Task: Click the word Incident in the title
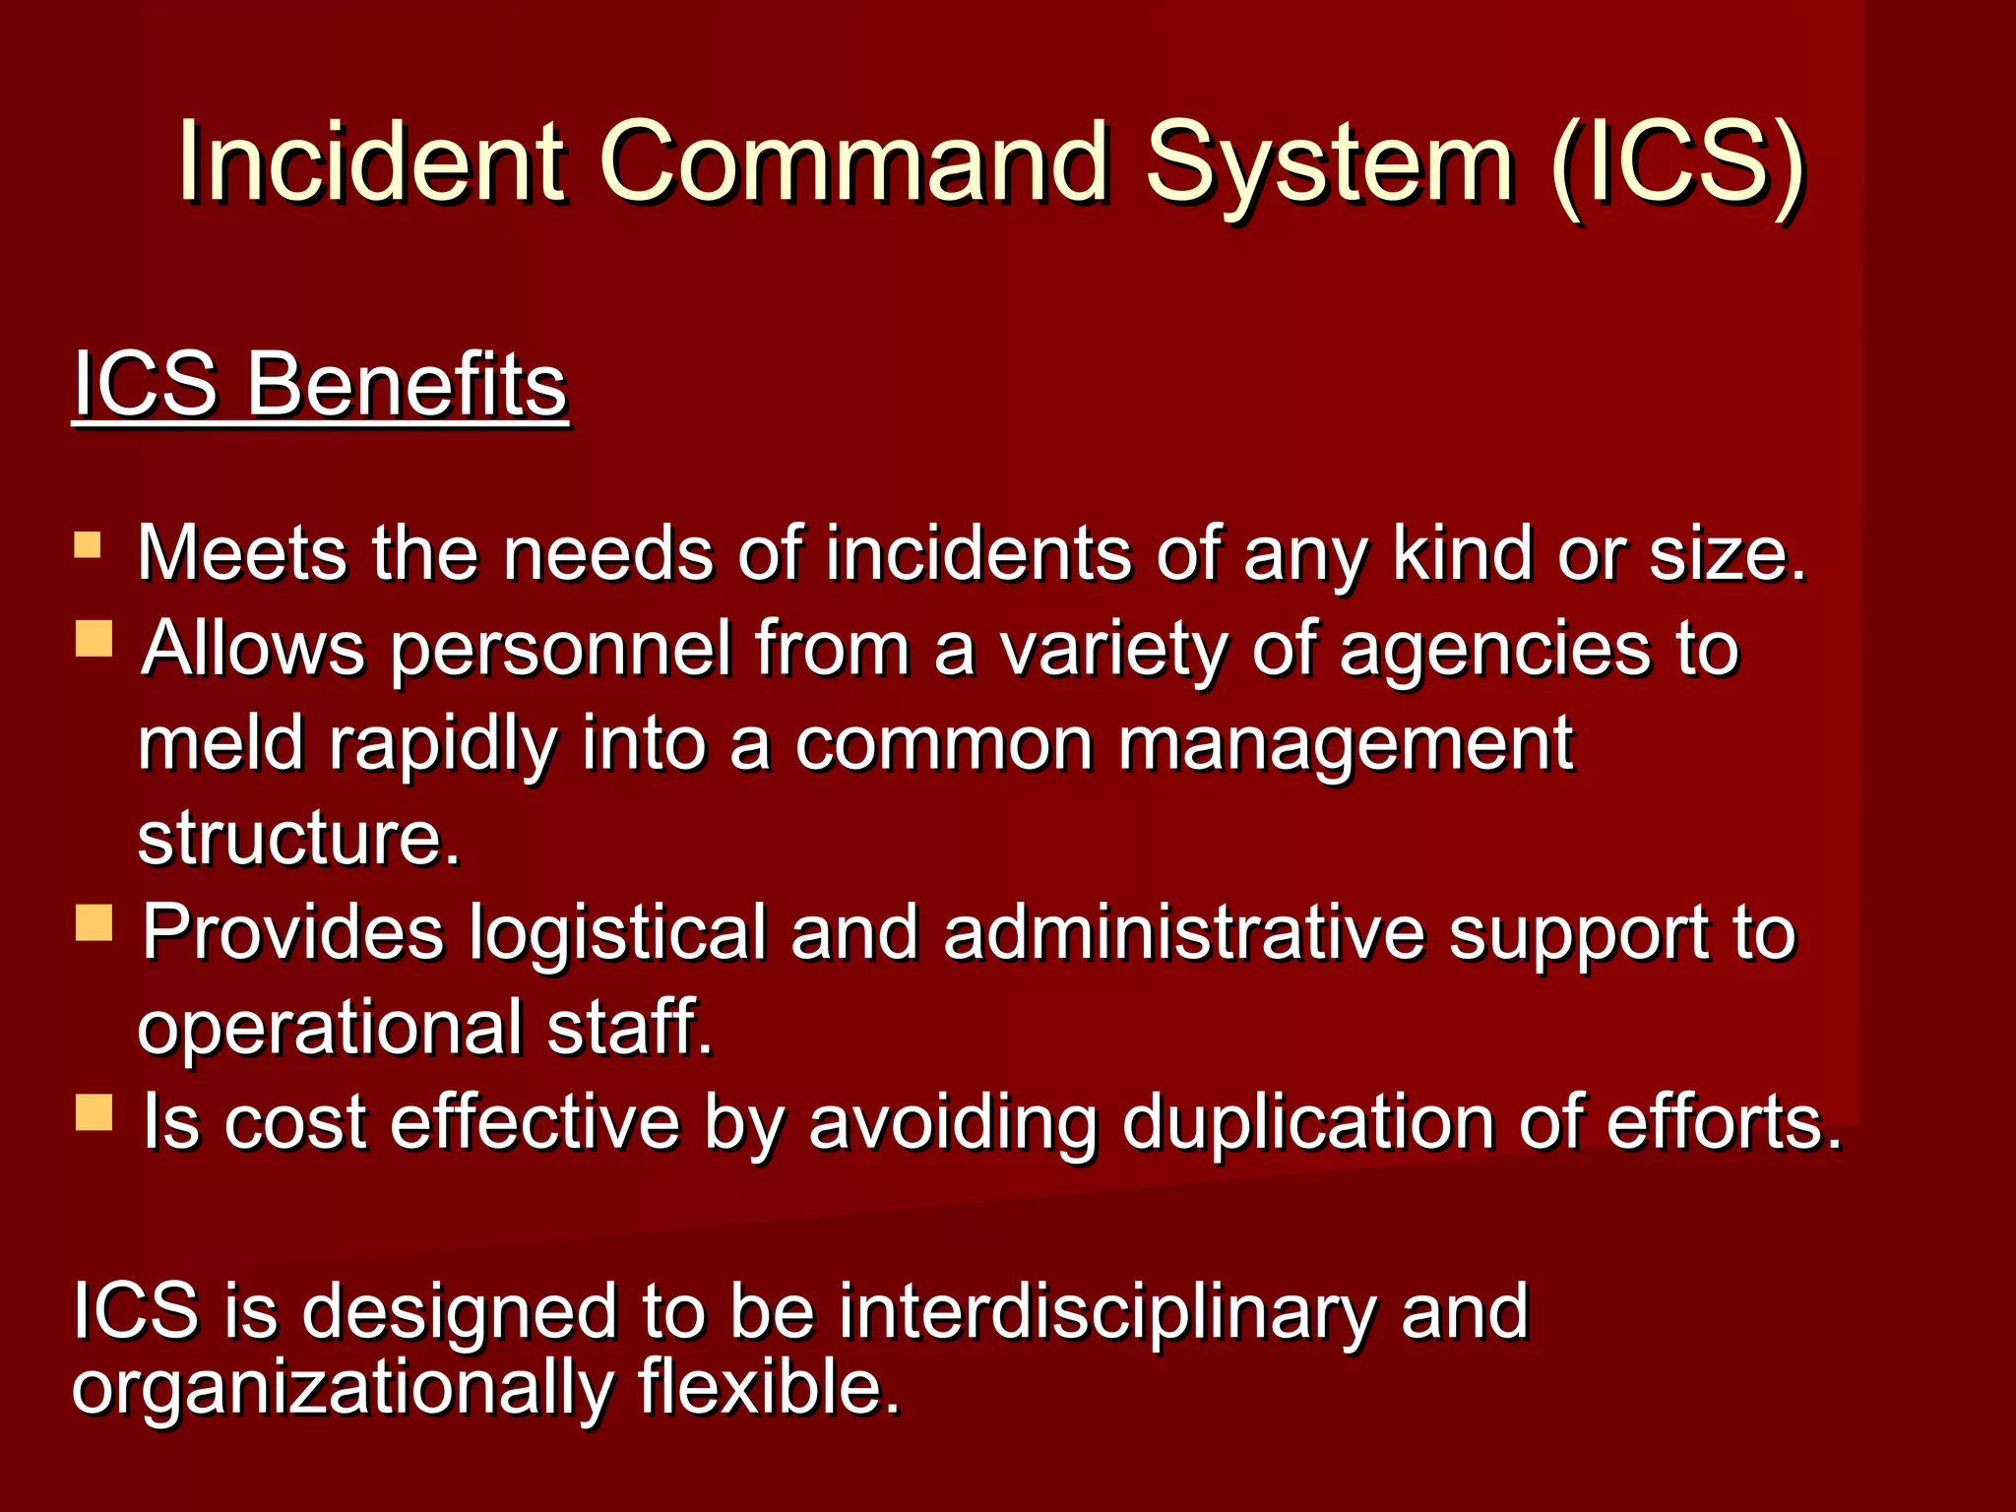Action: (x=371, y=161)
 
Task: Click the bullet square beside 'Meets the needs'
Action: (x=88, y=545)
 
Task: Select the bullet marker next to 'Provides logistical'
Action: (x=94, y=922)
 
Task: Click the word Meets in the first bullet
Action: (x=242, y=553)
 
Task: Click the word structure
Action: (x=298, y=839)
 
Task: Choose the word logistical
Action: (x=617, y=933)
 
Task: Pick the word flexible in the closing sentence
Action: (x=769, y=1386)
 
